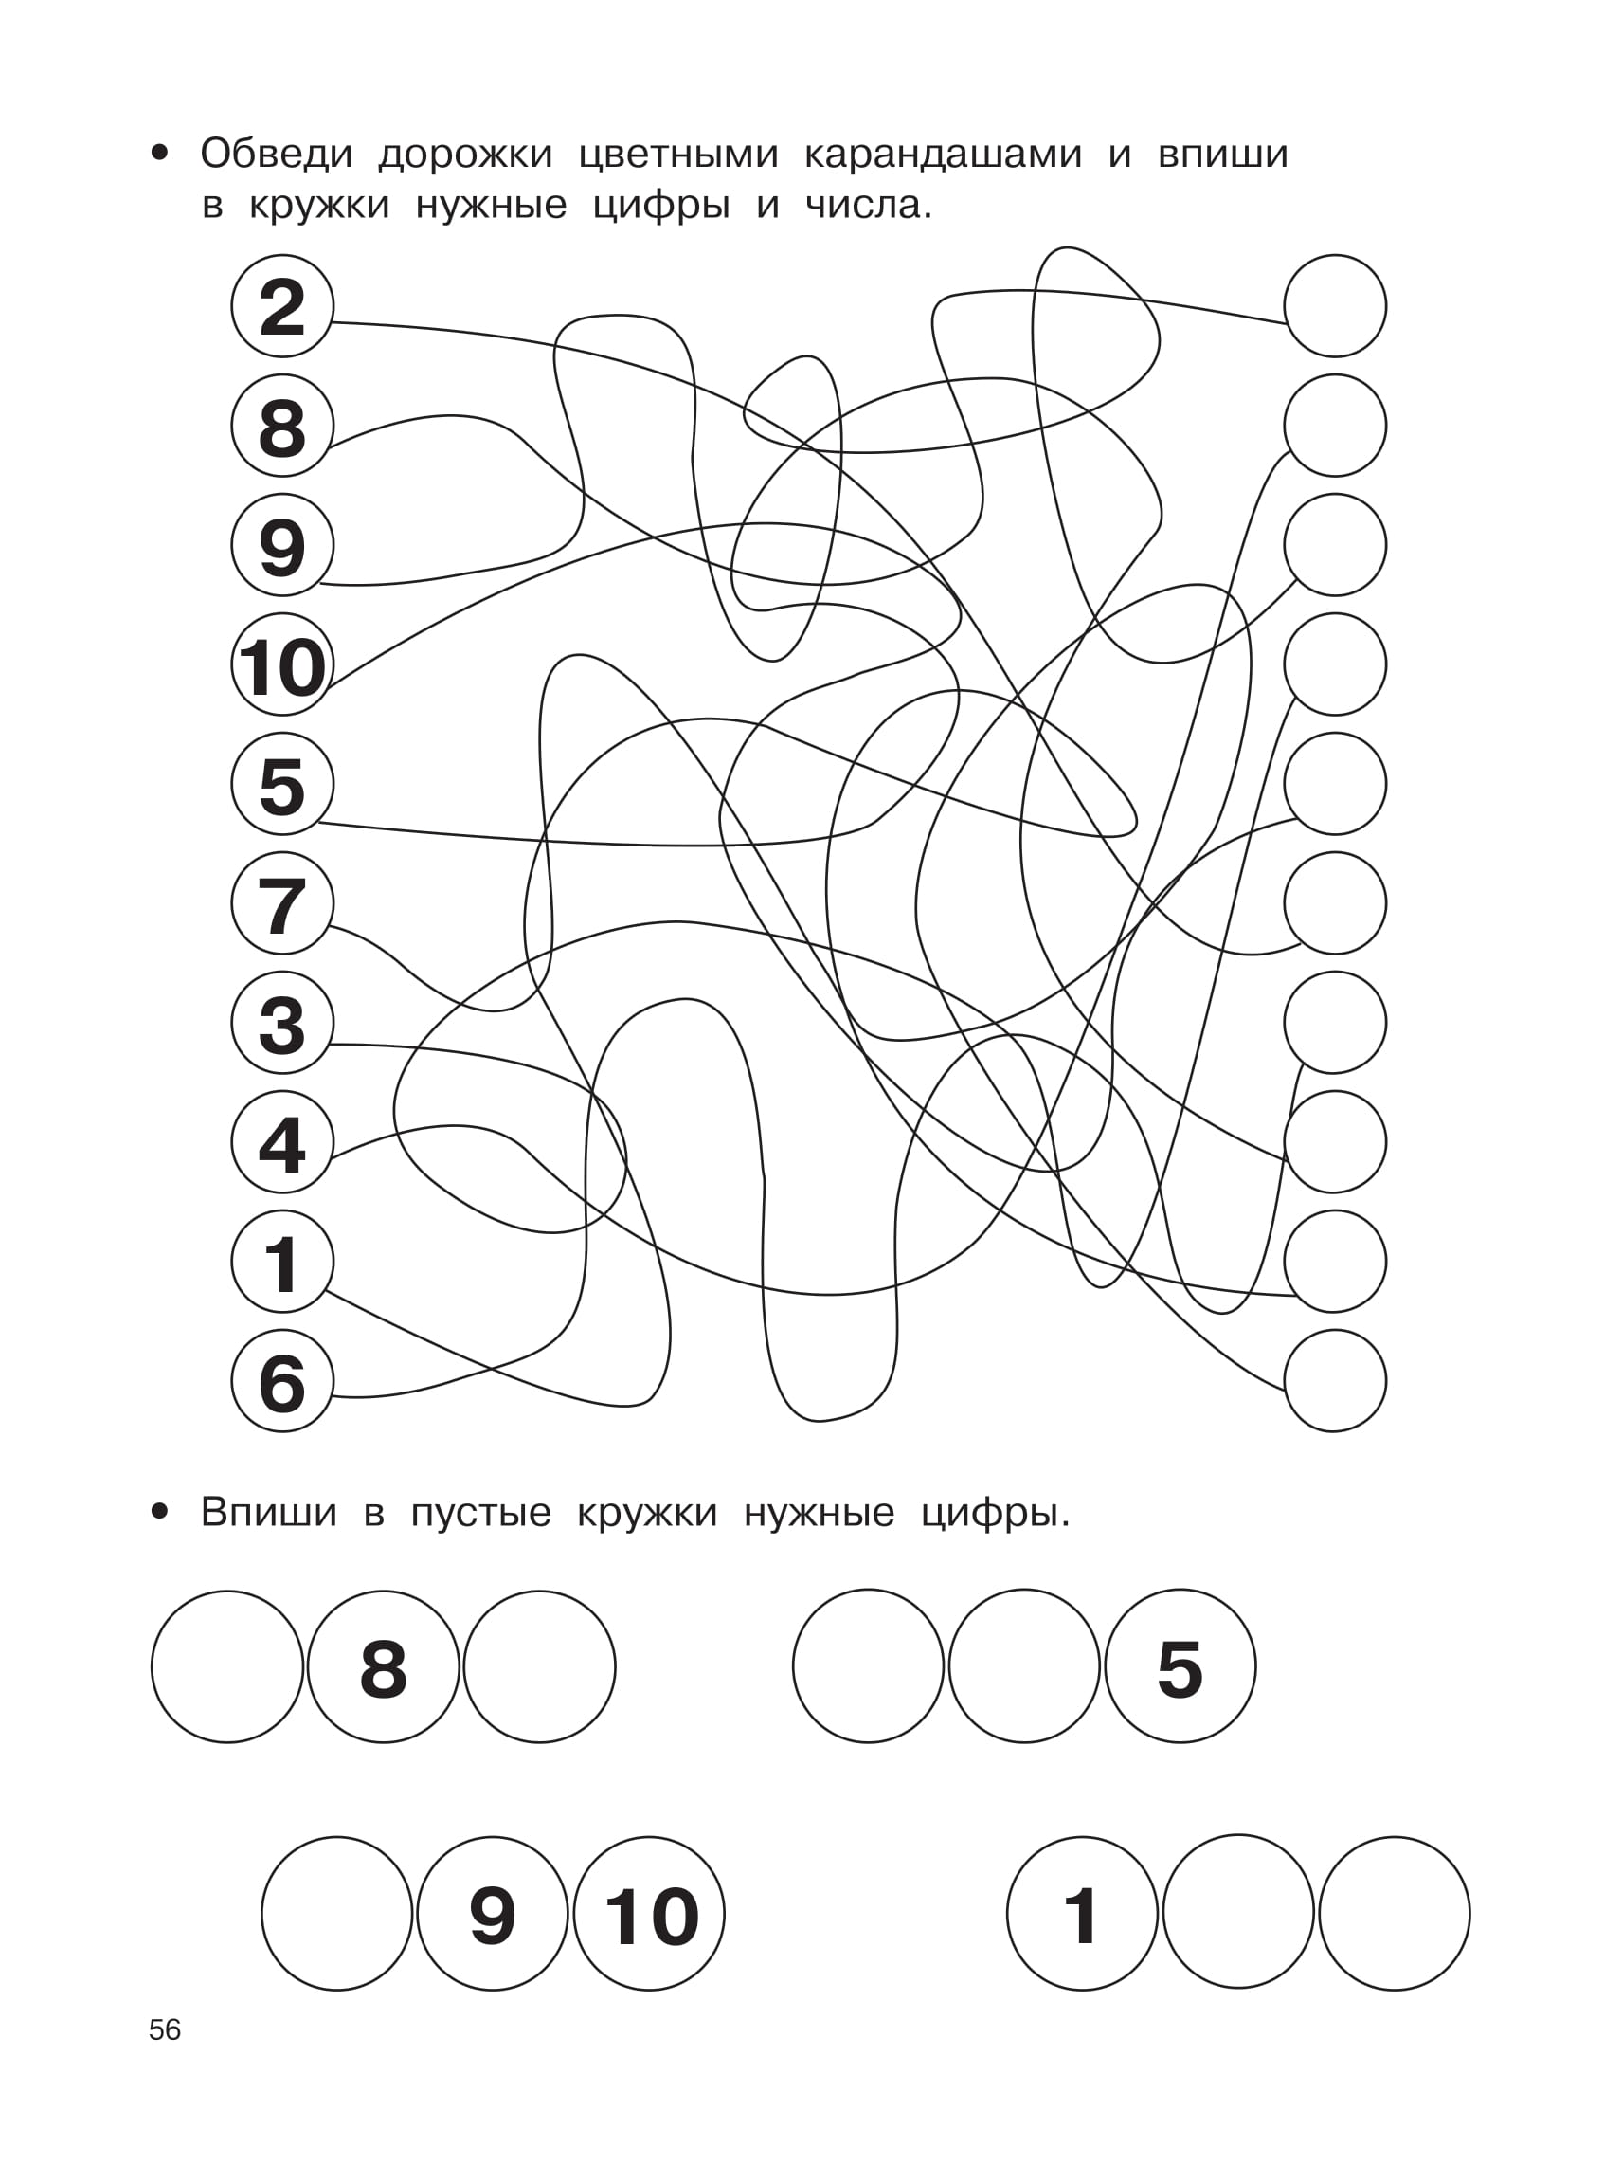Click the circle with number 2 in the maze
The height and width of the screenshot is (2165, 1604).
[282, 306]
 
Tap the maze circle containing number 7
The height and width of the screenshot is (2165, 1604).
[282, 903]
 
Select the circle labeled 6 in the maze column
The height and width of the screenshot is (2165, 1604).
[282, 1380]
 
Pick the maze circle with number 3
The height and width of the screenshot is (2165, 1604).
[282, 1023]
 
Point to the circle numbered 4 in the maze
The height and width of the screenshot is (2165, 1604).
[282, 1142]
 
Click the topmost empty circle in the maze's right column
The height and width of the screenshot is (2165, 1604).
[1335, 306]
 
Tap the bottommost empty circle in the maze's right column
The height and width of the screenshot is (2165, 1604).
[1335, 1380]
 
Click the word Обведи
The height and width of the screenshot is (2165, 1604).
[277, 155]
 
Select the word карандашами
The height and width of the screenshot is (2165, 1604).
[943, 155]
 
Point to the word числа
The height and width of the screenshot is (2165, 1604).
[869, 205]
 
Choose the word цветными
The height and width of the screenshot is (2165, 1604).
[678, 155]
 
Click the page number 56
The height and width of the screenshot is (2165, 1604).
[165, 2030]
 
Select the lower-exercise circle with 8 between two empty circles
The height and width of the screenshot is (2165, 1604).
[384, 1666]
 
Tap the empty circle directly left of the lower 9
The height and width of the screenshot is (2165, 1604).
[337, 1914]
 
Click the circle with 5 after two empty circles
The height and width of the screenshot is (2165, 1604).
[1180, 1666]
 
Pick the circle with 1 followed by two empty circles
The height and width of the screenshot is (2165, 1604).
[1083, 1914]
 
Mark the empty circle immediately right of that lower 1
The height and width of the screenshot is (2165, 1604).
[1239, 1914]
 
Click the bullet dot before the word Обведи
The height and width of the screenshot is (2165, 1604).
[160, 154]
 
